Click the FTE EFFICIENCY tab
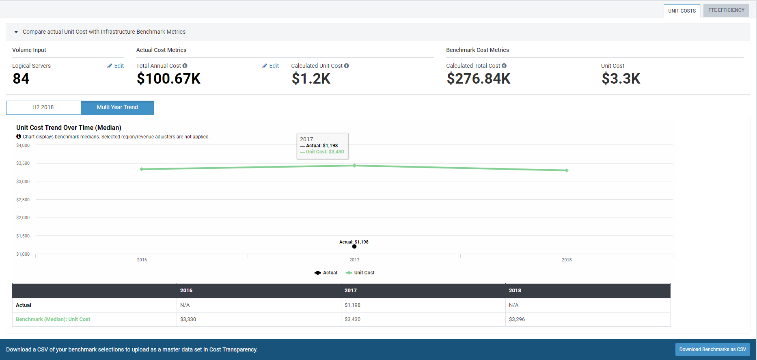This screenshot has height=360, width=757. click(x=726, y=10)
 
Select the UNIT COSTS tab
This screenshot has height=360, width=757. click(x=682, y=11)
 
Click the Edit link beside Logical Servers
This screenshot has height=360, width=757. click(x=116, y=66)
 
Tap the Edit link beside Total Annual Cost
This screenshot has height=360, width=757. click(x=271, y=66)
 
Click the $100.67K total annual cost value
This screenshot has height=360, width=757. click(x=168, y=79)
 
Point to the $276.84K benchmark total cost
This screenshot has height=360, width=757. click(x=479, y=79)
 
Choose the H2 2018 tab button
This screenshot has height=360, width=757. click(x=43, y=108)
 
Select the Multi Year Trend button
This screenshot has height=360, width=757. click(x=117, y=108)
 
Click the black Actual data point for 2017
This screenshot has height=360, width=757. click(x=354, y=246)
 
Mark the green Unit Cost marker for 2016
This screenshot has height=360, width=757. click(x=142, y=169)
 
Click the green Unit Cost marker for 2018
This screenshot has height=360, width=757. click(x=567, y=170)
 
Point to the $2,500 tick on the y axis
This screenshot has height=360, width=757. click(x=23, y=200)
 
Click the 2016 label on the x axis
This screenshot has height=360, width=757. click(x=142, y=260)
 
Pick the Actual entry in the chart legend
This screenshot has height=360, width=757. click(x=326, y=273)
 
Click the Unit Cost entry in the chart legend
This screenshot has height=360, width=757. click(x=360, y=273)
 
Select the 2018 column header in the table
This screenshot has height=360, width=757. click(x=515, y=291)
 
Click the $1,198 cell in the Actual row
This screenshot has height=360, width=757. click(x=352, y=305)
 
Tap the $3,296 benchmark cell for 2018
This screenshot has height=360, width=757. click(x=517, y=319)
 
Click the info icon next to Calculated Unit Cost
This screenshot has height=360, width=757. click(x=347, y=66)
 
